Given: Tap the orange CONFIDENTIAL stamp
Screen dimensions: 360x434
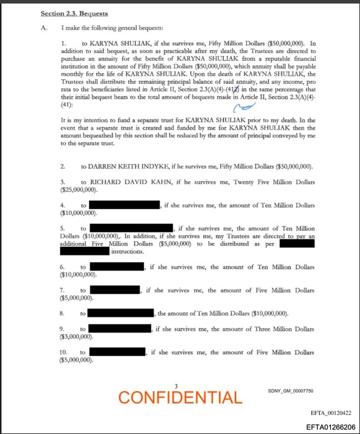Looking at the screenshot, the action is click(180, 397).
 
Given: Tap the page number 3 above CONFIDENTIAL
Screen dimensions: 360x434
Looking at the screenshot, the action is click(177, 386).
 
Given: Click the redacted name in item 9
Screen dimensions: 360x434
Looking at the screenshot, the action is click(121, 329).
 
